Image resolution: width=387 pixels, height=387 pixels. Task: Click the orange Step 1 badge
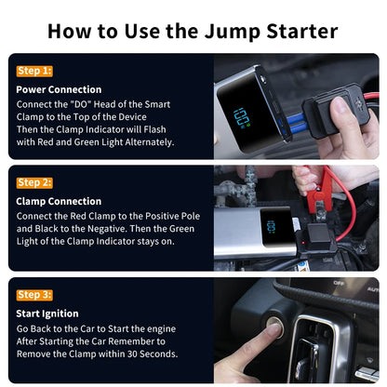[x=34, y=71]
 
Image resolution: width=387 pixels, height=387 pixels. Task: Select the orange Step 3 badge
[x=34, y=294]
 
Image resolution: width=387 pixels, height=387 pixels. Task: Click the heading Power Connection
[x=60, y=89]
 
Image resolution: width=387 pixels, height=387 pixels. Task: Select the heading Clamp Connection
[x=60, y=201]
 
